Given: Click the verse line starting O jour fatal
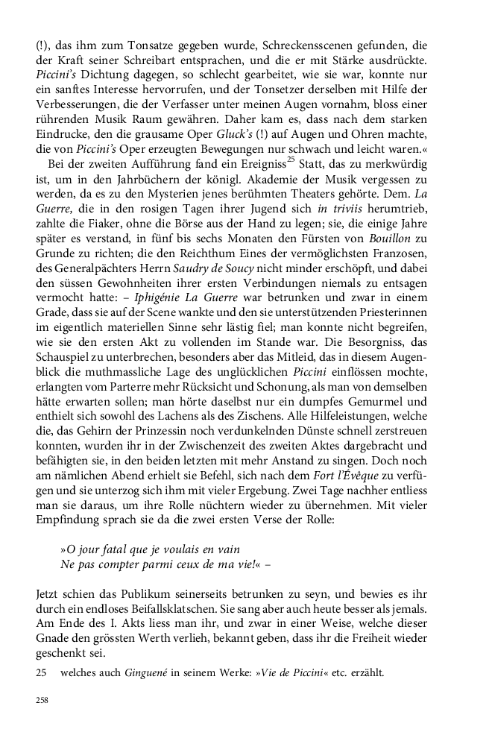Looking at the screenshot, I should [151, 549].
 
